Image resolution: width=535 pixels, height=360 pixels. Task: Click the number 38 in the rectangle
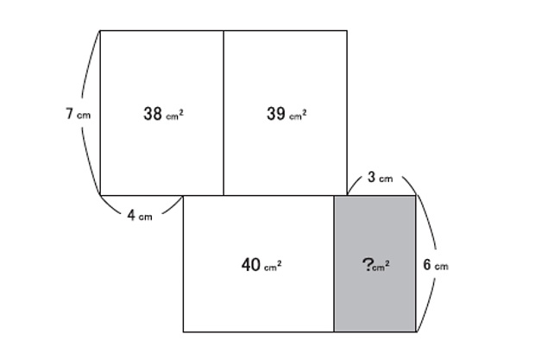tap(153, 114)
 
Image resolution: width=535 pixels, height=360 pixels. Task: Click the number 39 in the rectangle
tap(275, 114)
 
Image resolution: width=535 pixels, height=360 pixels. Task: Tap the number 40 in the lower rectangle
tap(251, 265)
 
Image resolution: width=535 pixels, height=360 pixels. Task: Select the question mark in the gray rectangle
tap(367, 265)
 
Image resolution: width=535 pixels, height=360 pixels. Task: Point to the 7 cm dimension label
tap(79, 114)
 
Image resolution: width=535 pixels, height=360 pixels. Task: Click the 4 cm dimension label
tap(140, 216)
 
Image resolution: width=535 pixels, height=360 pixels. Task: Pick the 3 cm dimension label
tap(380, 177)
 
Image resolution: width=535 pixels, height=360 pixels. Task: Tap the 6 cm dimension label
tap(436, 265)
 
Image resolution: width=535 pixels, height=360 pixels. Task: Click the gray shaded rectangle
tap(375, 264)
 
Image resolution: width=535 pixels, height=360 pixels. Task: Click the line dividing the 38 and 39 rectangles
tap(223, 113)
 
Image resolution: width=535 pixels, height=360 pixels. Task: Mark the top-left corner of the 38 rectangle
tap(100, 31)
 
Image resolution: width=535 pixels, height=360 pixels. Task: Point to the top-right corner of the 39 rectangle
tap(347, 31)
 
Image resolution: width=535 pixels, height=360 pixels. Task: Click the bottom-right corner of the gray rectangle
tap(416, 332)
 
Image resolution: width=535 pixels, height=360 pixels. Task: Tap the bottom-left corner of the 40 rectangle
tap(183, 332)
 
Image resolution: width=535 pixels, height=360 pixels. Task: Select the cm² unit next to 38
tap(174, 115)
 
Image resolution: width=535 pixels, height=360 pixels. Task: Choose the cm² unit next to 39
tap(298, 115)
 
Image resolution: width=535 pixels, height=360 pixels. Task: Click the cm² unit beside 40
tap(273, 266)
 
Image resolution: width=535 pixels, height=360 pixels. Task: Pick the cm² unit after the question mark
tap(381, 266)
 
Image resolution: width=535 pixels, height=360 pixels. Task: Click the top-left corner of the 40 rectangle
tap(183, 196)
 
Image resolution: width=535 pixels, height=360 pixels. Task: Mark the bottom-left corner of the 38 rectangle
tap(100, 195)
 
